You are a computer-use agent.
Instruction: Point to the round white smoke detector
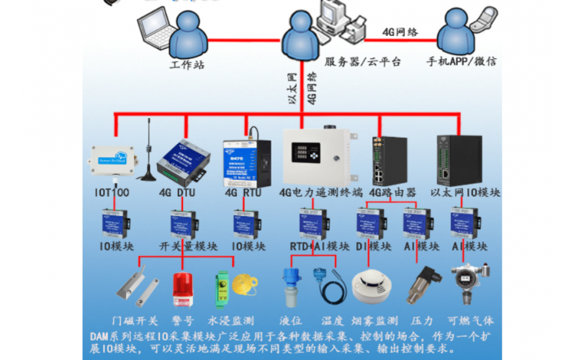(372, 287)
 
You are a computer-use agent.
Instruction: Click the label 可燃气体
(471, 320)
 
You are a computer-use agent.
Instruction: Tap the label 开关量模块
(184, 246)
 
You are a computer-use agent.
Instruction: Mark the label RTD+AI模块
(314, 246)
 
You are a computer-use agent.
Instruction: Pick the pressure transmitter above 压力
(422, 288)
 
